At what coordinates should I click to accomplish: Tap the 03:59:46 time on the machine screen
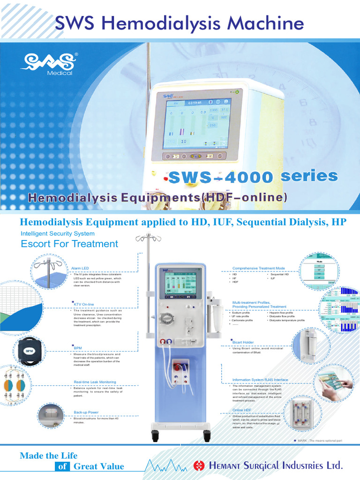[194, 102]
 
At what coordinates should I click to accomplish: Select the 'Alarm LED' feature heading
[80, 268]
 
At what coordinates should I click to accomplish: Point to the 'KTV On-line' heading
[84, 304]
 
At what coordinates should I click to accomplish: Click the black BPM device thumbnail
[30, 350]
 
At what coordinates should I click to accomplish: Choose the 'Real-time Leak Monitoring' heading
[95, 382]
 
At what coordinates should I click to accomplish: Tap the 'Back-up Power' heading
[86, 412]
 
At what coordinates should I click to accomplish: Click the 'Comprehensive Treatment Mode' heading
[259, 268]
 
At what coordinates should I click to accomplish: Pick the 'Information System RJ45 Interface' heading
[260, 380]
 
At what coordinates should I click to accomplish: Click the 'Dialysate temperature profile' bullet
[287, 320]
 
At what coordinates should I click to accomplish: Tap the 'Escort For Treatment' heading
[69, 244]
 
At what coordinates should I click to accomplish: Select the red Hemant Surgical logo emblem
[199, 465]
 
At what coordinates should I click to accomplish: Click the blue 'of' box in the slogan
[62, 466]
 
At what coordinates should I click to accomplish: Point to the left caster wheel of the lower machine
[155, 437]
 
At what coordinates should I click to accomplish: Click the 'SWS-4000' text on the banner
[221, 177]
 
